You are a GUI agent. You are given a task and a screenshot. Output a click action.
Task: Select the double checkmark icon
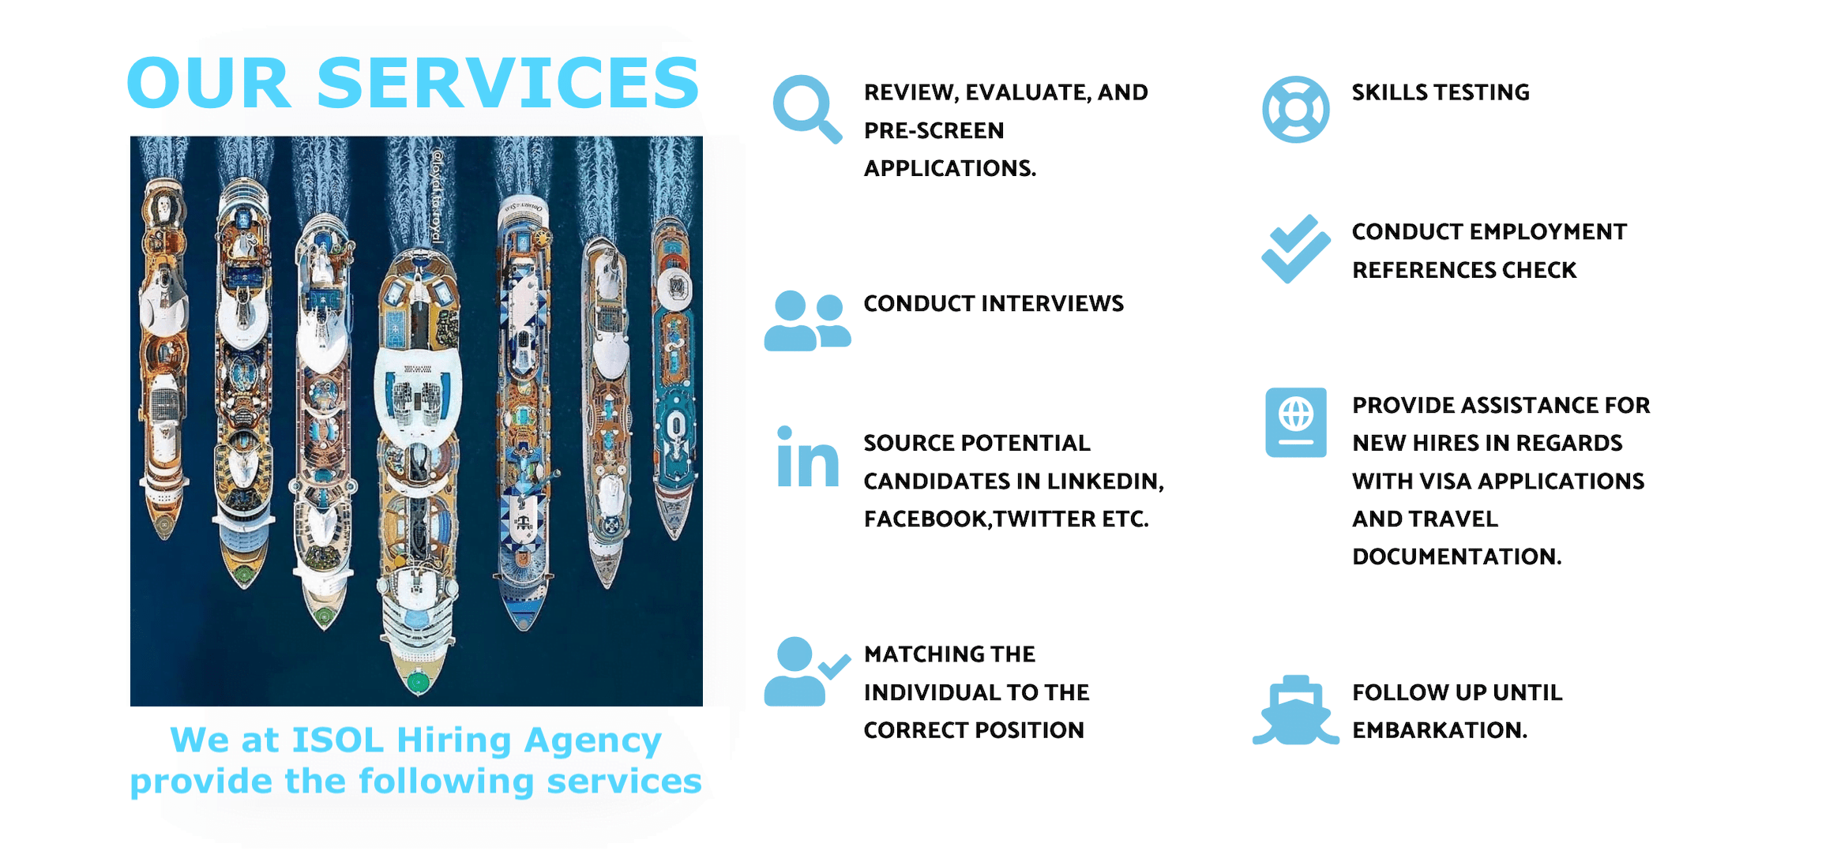click(1295, 249)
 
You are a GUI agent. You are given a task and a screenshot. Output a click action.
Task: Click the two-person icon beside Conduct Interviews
click(807, 320)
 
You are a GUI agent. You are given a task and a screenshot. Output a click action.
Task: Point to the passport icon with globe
click(1295, 422)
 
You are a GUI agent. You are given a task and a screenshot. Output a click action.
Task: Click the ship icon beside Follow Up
click(1295, 710)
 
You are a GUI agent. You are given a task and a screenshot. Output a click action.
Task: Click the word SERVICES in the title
click(508, 83)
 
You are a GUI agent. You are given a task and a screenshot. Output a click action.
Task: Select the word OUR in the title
click(208, 83)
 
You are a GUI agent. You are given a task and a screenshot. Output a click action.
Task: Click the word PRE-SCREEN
click(934, 130)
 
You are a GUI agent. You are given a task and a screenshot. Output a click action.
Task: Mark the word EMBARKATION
click(1440, 730)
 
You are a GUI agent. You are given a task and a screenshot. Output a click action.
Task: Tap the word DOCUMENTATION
click(1457, 557)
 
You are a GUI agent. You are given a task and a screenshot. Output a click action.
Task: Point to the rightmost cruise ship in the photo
click(674, 379)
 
